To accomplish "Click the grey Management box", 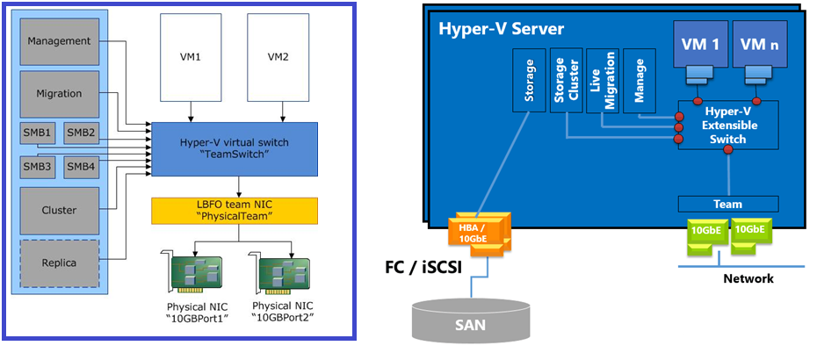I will coord(59,41).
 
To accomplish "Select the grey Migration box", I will coord(59,93).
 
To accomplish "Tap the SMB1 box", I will coord(39,133).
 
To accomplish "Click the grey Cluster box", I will coord(59,210).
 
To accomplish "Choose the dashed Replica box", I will coord(59,262).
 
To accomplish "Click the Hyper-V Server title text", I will coord(501,30).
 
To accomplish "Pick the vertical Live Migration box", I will coord(603,80).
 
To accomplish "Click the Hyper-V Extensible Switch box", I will coord(727,126).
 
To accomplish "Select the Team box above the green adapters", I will coord(727,204).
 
